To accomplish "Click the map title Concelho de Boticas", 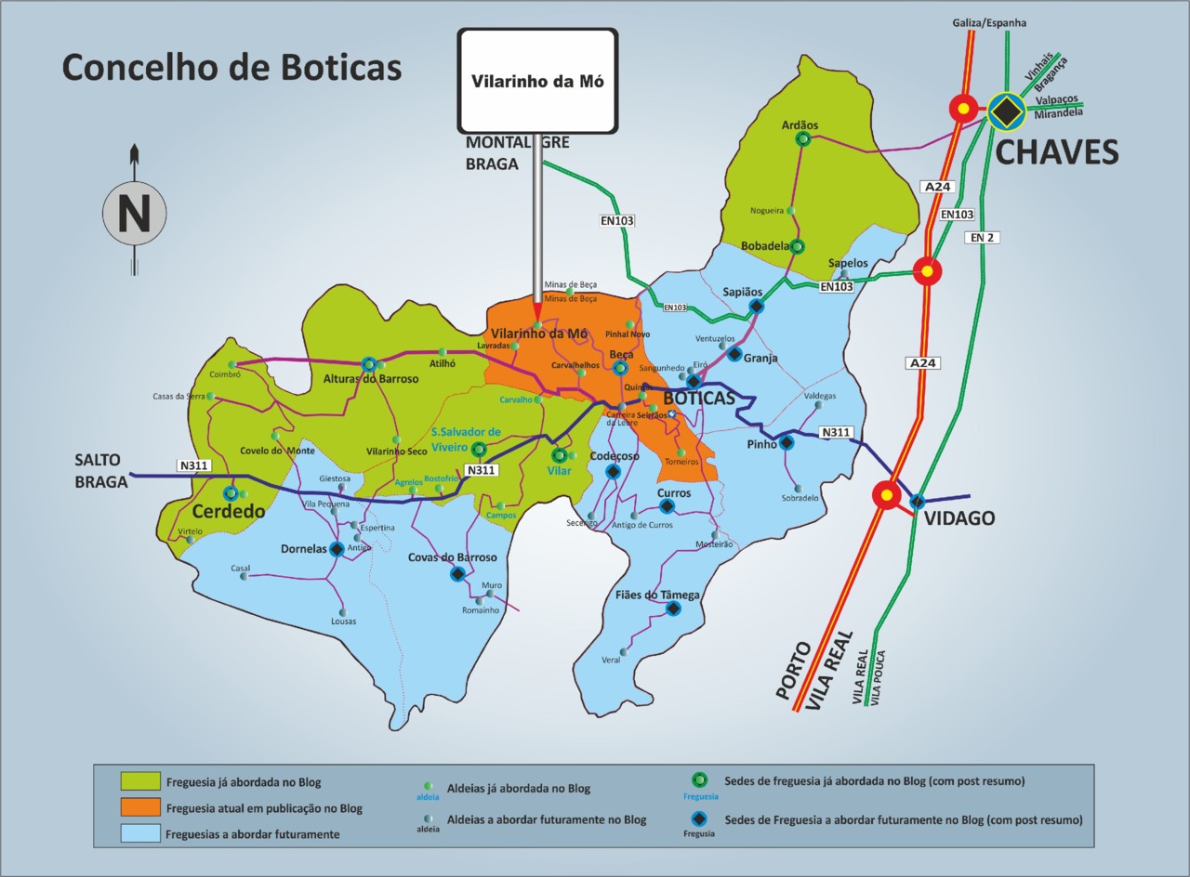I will pos(231,68).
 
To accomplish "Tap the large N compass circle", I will pos(134,213).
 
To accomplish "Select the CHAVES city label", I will pos(1057,152).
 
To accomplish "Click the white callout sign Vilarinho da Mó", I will pos(537,81).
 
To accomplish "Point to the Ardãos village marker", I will pos(802,138).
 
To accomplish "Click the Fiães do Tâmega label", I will pos(657,595).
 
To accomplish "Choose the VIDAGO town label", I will pos(959,518).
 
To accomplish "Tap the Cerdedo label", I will pos(229,512).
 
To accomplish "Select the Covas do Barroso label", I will pos(453,557).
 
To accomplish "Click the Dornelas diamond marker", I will pos(337,549).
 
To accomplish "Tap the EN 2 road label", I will pos(983,238).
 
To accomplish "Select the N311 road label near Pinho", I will pos(836,432).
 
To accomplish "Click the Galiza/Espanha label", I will pos(989,22).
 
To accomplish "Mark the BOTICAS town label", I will pos(698,399).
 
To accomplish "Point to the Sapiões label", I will pos(743,292).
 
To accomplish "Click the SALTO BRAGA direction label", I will pos(100,471).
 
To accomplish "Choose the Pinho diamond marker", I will pos(787,443).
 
